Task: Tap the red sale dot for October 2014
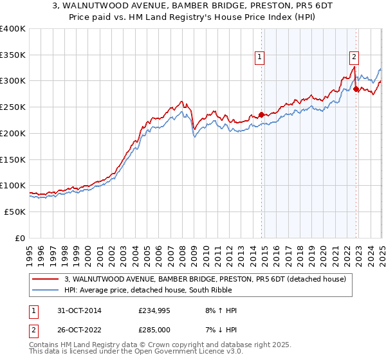point(261,115)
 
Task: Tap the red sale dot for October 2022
point(356,89)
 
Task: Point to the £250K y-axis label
point(13,107)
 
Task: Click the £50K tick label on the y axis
point(15,212)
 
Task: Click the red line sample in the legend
point(46,279)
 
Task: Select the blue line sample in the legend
point(46,290)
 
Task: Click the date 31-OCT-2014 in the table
point(80,310)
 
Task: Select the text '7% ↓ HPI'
point(220,330)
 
